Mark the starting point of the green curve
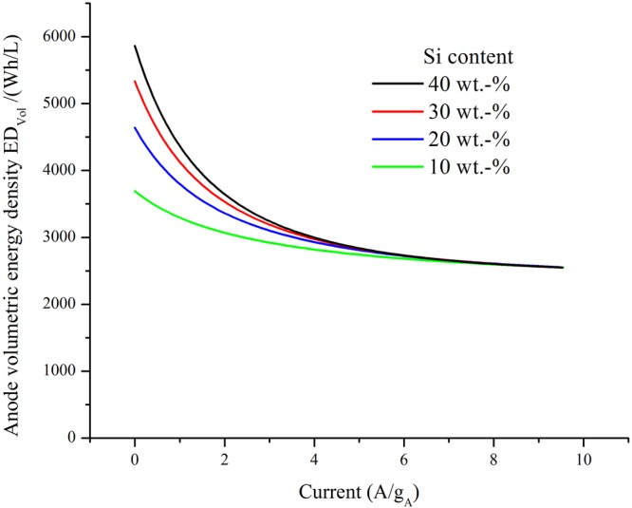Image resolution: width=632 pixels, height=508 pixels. tap(135, 191)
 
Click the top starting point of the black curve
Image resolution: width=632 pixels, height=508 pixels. tap(135, 46)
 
